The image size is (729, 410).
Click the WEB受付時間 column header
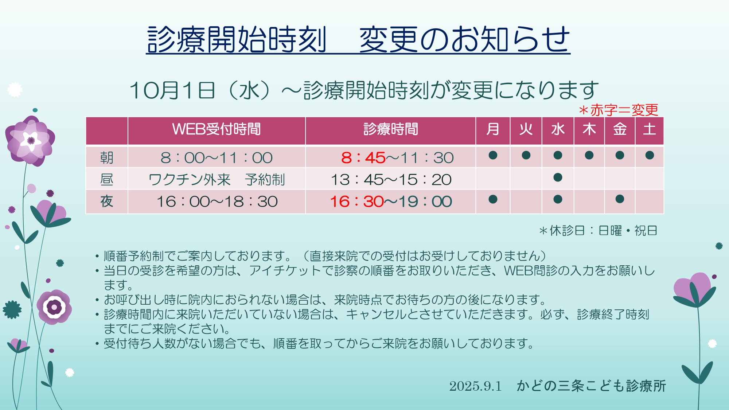click(x=217, y=129)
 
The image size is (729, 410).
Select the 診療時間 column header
click(x=391, y=129)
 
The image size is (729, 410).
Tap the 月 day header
click(x=493, y=129)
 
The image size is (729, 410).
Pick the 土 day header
click(x=650, y=129)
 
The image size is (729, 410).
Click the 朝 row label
click(x=107, y=158)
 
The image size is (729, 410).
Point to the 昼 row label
click(x=107, y=179)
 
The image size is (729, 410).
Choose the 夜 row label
click(x=107, y=201)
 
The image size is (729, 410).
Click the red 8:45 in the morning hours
click(x=363, y=158)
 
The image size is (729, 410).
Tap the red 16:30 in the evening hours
click(x=356, y=202)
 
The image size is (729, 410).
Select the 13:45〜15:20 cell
click(x=391, y=180)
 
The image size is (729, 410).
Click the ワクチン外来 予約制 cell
click(x=217, y=180)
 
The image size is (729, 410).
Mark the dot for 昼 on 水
click(x=558, y=177)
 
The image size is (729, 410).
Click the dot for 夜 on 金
click(x=620, y=199)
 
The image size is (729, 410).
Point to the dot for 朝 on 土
click(x=650, y=155)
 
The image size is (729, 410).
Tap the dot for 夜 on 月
click(x=493, y=199)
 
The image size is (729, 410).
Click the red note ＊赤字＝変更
click(x=619, y=110)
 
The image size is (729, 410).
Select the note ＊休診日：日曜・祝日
click(x=598, y=231)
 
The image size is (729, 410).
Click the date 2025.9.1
click(x=475, y=386)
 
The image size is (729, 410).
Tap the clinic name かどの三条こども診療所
click(x=591, y=386)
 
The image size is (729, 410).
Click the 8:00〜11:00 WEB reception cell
click(x=217, y=158)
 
